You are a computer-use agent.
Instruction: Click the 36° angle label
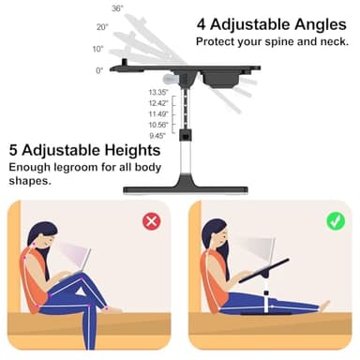coord(116,7)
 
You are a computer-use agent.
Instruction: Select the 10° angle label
coord(97,49)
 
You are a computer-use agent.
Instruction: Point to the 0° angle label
coord(99,70)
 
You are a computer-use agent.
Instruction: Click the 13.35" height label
coord(157,92)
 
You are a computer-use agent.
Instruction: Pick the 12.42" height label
coord(157,103)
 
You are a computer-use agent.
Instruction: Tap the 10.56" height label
coord(157,125)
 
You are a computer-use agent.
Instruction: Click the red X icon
coord(151,221)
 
